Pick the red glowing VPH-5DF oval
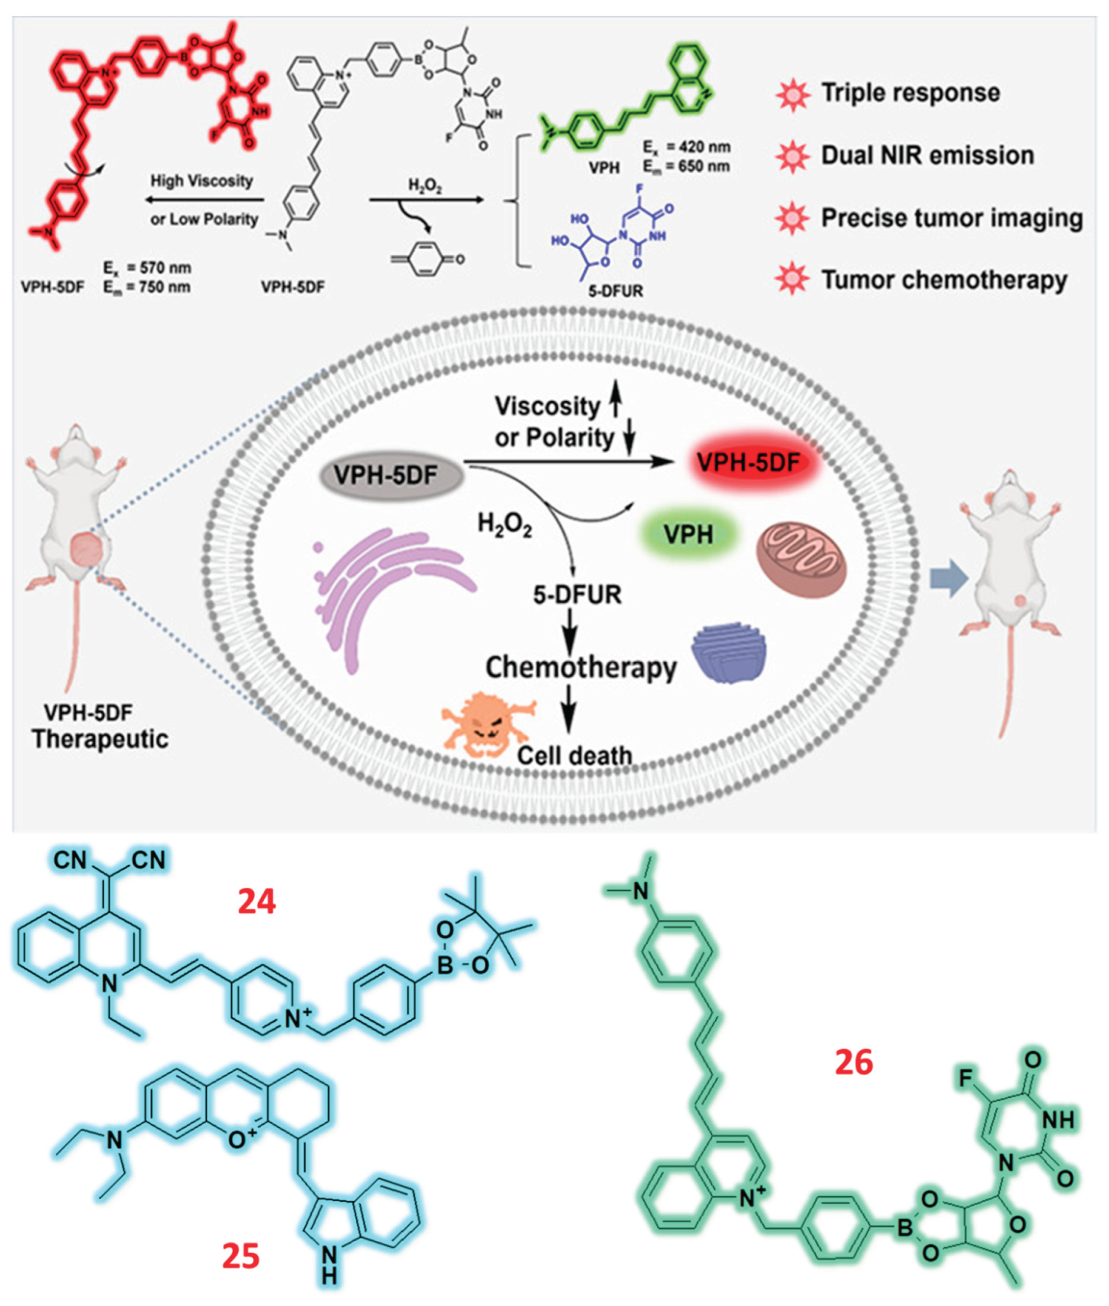click(x=748, y=462)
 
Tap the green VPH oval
click(x=688, y=534)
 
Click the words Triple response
click(x=910, y=93)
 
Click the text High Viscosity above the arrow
click(x=201, y=181)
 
